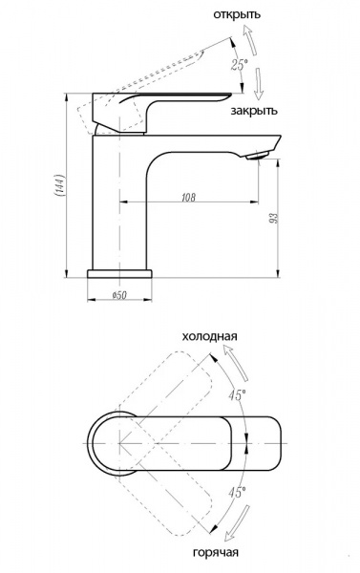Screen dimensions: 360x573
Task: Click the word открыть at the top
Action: [x=237, y=15]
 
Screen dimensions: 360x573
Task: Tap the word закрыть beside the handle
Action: [x=254, y=111]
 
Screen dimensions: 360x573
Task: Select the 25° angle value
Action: [x=240, y=65]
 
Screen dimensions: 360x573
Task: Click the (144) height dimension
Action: [x=60, y=185]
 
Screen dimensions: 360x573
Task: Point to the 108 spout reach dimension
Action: [x=188, y=198]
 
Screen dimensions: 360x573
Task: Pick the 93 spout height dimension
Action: [x=274, y=218]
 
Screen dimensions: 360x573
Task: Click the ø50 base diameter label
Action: [x=119, y=294]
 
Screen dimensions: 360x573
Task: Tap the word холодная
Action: [x=209, y=336]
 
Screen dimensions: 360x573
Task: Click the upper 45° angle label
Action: [x=238, y=395]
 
